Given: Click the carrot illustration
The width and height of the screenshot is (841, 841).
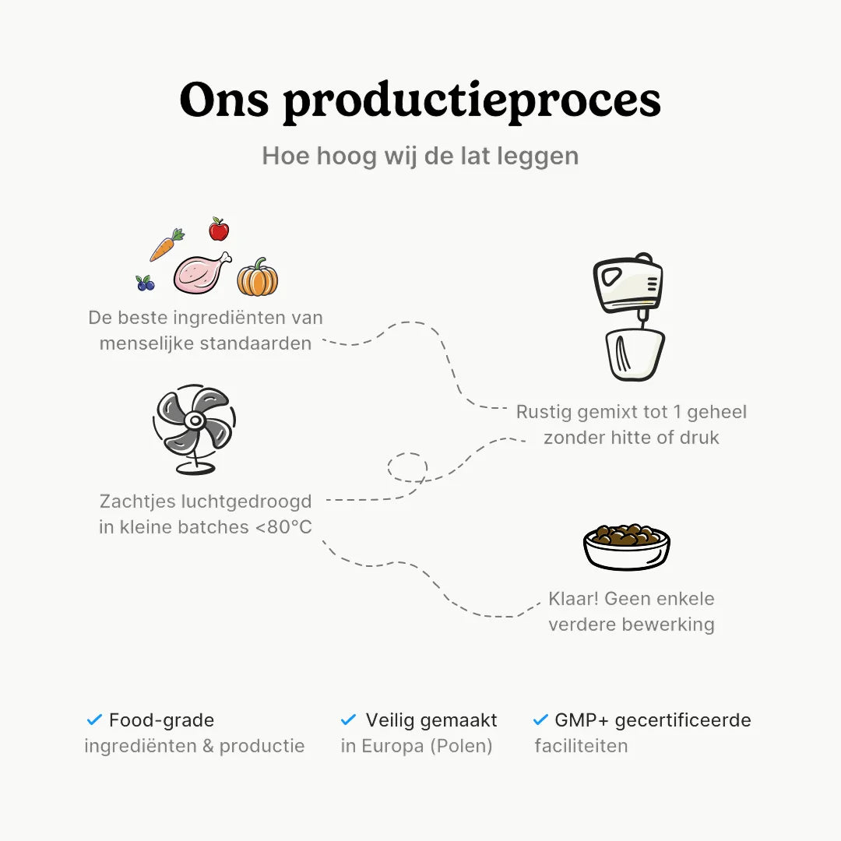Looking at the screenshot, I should (165, 245).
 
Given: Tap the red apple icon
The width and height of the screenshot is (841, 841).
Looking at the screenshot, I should (219, 230).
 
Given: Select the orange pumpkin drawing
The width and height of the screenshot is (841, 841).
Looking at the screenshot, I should (258, 278).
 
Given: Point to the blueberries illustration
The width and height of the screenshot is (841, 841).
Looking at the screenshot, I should (145, 283).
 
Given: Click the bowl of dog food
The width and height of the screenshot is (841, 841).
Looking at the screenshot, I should (627, 545).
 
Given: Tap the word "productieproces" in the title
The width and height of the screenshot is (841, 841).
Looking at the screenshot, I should (472, 101).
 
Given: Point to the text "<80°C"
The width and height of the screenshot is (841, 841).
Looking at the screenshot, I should (283, 527).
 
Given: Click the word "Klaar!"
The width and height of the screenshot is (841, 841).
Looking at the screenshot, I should (573, 599).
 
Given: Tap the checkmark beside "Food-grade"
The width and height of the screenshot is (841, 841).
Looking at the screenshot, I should (95, 720).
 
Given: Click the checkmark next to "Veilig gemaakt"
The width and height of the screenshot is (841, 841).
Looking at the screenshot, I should (349, 720).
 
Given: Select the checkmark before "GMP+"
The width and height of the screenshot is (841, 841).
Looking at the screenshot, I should (540, 720).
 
